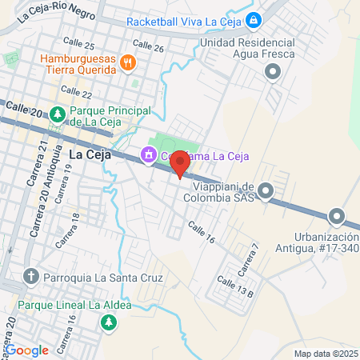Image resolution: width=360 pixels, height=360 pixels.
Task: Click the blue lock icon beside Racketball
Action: coord(254,20)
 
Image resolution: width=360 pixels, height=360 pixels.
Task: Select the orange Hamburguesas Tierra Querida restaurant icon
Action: coord(126,62)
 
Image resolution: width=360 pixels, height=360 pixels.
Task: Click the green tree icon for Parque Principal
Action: coord(58,114)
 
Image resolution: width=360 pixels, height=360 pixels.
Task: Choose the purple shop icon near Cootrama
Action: coord(148,156)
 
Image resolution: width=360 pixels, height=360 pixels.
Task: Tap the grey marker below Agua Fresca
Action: coord(273,73)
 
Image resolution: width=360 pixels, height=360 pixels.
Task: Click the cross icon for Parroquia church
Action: coord(31,278)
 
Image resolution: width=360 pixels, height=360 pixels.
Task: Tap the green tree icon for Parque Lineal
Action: coord(107,322)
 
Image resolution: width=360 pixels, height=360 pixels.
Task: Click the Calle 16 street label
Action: coord(202,233)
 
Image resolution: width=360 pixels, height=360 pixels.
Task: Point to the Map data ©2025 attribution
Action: coord(326,354)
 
